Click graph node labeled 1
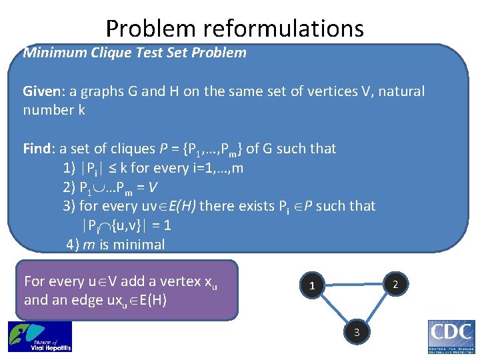[311, 286]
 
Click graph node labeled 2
[395, 285]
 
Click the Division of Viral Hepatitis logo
[39, 337]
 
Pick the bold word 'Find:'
[39, 149]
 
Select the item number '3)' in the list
[69, 206]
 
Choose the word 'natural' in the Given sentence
[399, 91]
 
